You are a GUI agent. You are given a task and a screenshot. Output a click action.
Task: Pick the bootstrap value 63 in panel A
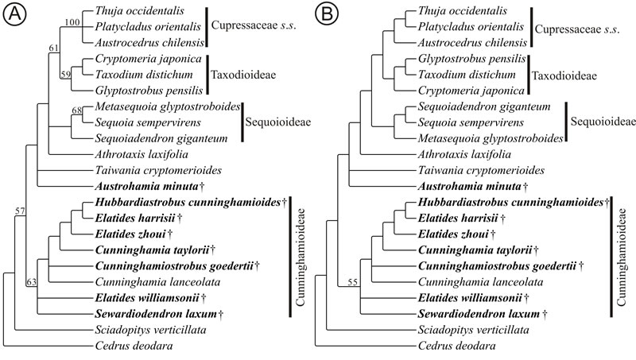point(32,282)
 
